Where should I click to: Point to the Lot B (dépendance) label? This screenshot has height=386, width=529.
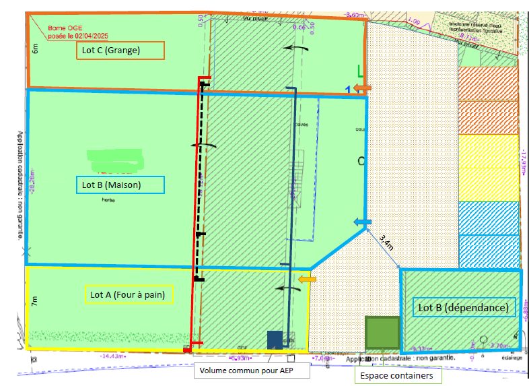point(464,308)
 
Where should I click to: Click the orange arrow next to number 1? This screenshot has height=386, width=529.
point(363,89)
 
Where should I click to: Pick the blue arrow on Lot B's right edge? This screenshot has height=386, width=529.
point(363,222)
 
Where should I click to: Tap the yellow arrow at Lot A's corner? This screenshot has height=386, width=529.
point(308,279)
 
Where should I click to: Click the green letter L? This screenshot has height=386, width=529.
point(360,70)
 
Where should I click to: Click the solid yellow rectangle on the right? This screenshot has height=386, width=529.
point(488,168)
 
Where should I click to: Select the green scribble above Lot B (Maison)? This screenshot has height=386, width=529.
point(115,159)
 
